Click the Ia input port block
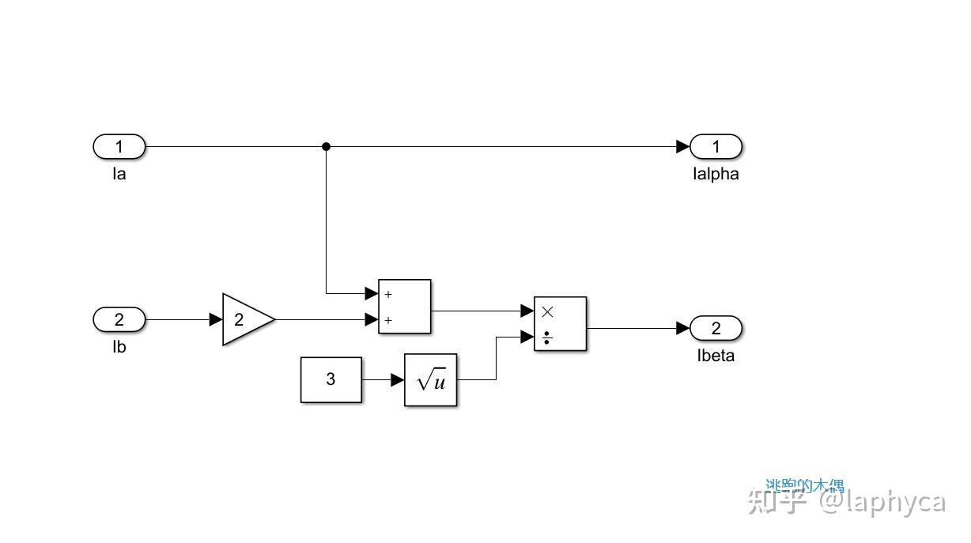119,146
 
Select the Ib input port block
119,319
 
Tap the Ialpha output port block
716,146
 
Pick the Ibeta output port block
716,328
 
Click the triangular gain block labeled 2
246,319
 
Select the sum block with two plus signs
404,307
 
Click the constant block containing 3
331,379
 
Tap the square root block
430,380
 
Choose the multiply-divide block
560,323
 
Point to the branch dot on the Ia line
326,146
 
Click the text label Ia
119,174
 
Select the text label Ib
119,347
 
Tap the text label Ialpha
715,175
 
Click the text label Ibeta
716,356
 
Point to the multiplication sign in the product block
547,311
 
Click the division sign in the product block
547,338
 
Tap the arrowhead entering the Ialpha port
683,146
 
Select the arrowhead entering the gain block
216,319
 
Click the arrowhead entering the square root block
398,380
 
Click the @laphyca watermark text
882,503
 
